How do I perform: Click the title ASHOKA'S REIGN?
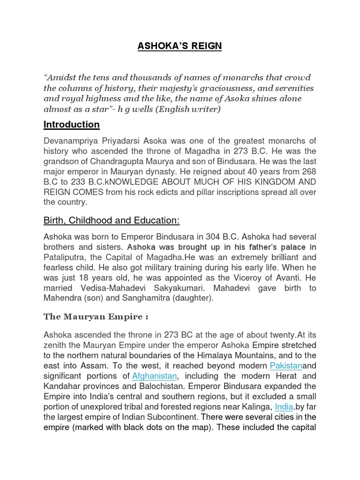tap(180, 46)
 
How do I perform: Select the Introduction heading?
tap(71, 124)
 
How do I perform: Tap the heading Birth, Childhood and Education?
tap(112, 220)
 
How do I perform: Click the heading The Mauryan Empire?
tap(96, 316)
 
